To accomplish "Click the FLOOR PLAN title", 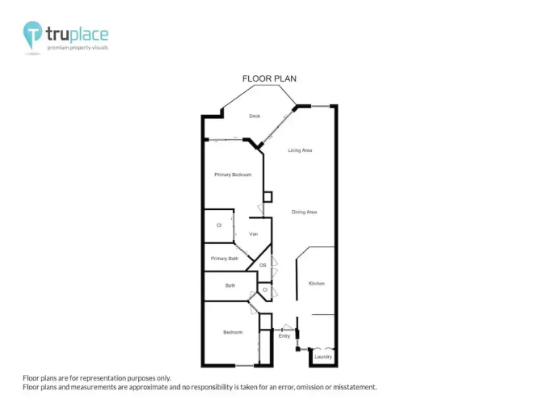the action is click(269, 78).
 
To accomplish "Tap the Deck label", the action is click(255, 116).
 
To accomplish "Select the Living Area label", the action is click(300, 150).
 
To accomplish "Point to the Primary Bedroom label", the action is click(233, 175).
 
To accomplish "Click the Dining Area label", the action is click(304, 213).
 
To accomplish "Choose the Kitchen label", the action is click(317, 284).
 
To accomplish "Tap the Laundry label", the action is click(323, 357).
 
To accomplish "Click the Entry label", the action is click(284, 336).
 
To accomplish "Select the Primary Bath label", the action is click(225, 259).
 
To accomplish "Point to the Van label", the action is click(254, 234).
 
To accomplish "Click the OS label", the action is click(263, 266).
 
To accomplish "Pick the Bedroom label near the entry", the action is click(233, 332).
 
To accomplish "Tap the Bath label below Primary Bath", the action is click(230, 285).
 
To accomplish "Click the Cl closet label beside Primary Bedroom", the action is click(219, 225).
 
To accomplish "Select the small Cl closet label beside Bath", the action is click(265, 290).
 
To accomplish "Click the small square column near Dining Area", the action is click(267, 197).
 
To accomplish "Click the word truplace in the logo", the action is click(77, 34).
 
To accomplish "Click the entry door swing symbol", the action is click(288, 327).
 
